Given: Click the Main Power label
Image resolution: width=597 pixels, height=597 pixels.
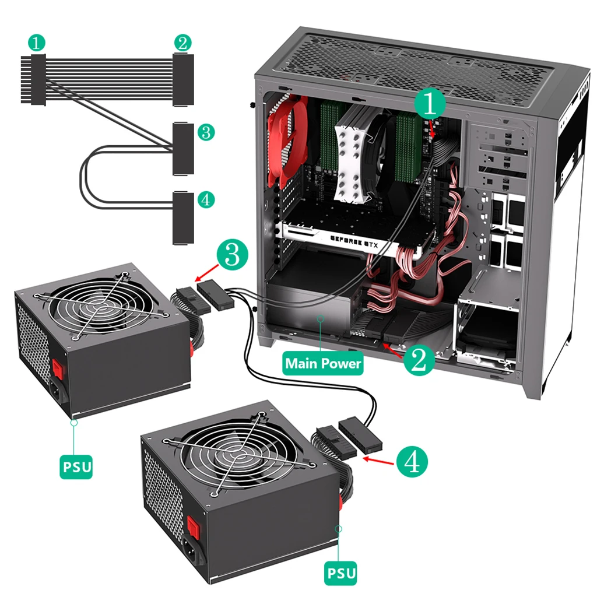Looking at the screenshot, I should (x=323, y=364).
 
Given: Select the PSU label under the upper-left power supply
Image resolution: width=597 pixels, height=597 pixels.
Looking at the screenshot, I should (x=76, y=467).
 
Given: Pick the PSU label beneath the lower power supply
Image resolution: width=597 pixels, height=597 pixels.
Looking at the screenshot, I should (x=341, y=573).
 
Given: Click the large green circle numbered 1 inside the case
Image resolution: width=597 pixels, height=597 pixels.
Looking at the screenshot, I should (x=430, y=104).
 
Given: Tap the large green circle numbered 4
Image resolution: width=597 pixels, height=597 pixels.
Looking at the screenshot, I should (x=412, y=462).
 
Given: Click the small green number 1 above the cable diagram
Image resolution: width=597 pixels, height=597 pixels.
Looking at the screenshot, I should (x=37, y=42).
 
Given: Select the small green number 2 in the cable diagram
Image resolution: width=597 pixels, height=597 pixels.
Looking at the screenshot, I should (x=182, y=42).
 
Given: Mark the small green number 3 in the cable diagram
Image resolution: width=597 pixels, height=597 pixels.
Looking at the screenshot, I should (x=205, y=132).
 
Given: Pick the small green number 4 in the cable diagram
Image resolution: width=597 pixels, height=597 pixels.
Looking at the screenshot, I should (x=205, y=200).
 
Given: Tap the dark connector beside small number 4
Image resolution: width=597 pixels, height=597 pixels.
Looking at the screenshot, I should (x=182, y=217).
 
